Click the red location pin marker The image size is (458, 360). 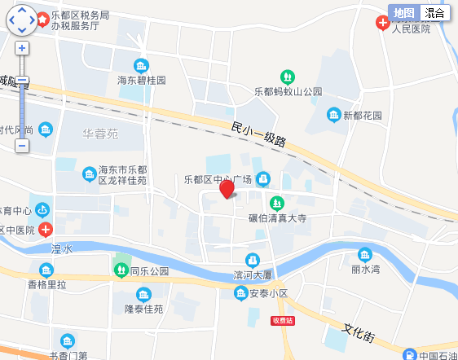[x=227, y=189]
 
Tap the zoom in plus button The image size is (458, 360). [x=22, y=48]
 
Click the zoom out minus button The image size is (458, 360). [x=22, y=146]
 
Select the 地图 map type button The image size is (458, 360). [x=404, y=13]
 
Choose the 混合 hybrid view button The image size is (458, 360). [x=435, y=13]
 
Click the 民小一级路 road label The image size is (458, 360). [x=258, y=134]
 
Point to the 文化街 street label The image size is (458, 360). [x=358, y=333]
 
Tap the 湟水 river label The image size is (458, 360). [x=62, y=248]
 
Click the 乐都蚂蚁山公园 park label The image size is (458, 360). [x=288, y=91]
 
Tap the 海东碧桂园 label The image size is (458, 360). [x=141, y=81]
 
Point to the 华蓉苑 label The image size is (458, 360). [x=100, y=133]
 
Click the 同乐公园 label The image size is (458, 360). [x=149, y=271]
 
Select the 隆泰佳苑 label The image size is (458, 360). [x=143, y=310]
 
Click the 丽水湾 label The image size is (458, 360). [x=366, y=268]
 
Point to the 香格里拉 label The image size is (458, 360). [x=47, y=285]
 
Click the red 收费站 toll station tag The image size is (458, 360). [x=282, y=321]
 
